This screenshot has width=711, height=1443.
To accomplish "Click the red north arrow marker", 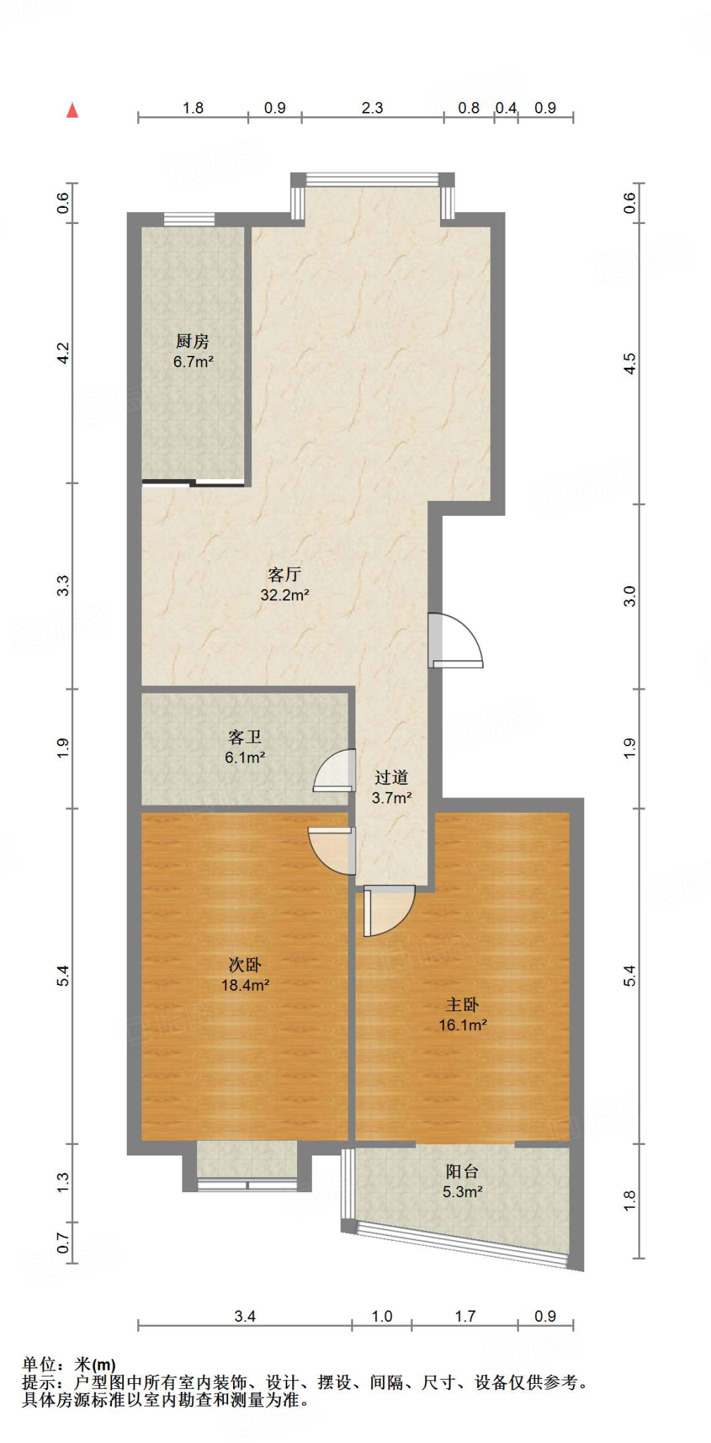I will tap(72, 111).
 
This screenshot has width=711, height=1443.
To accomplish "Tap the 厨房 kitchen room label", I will tap(192, 342).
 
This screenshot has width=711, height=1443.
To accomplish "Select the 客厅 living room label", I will tap(284, 574).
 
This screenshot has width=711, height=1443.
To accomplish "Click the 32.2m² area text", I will tap(284, 595).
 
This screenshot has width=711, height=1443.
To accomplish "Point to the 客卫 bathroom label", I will tap(244, 737).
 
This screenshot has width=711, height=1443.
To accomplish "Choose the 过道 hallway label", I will tap(391, 777).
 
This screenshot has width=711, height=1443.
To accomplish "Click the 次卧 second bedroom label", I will tap(245, 965).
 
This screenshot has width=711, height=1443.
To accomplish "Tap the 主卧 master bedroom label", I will tap(463, 1005).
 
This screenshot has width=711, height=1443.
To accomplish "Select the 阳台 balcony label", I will tap(463, 1171).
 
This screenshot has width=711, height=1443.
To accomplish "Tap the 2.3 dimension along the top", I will tap(372, 108).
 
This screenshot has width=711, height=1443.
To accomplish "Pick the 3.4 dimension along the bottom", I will tap(244, 1316).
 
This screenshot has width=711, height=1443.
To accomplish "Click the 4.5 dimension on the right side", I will tap(630, 364).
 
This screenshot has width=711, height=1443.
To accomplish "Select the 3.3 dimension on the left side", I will tap(63, 586).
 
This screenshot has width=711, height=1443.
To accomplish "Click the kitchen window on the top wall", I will tap(189, 219).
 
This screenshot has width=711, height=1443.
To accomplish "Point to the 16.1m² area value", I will tap(463, 1025).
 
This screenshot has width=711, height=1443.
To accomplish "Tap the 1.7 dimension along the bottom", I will tap(465, 1316).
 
